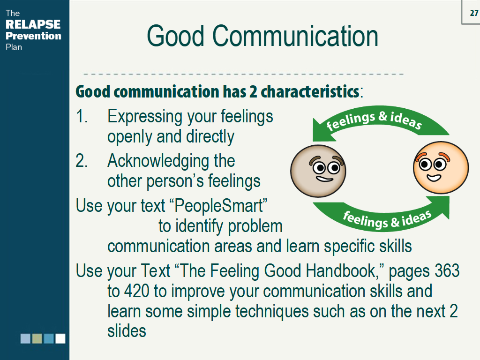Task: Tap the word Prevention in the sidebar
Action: tap(33, 36)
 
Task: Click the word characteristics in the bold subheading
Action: tap(310, 91)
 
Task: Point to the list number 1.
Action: tap(82, 116)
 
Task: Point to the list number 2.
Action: tap(82, 161)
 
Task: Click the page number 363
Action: tap(447, 271)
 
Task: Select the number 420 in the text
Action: tap(136, 291)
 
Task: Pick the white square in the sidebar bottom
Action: tap(60, 338)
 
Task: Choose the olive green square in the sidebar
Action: tap(37, 338)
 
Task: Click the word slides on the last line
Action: tap(127, 331)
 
